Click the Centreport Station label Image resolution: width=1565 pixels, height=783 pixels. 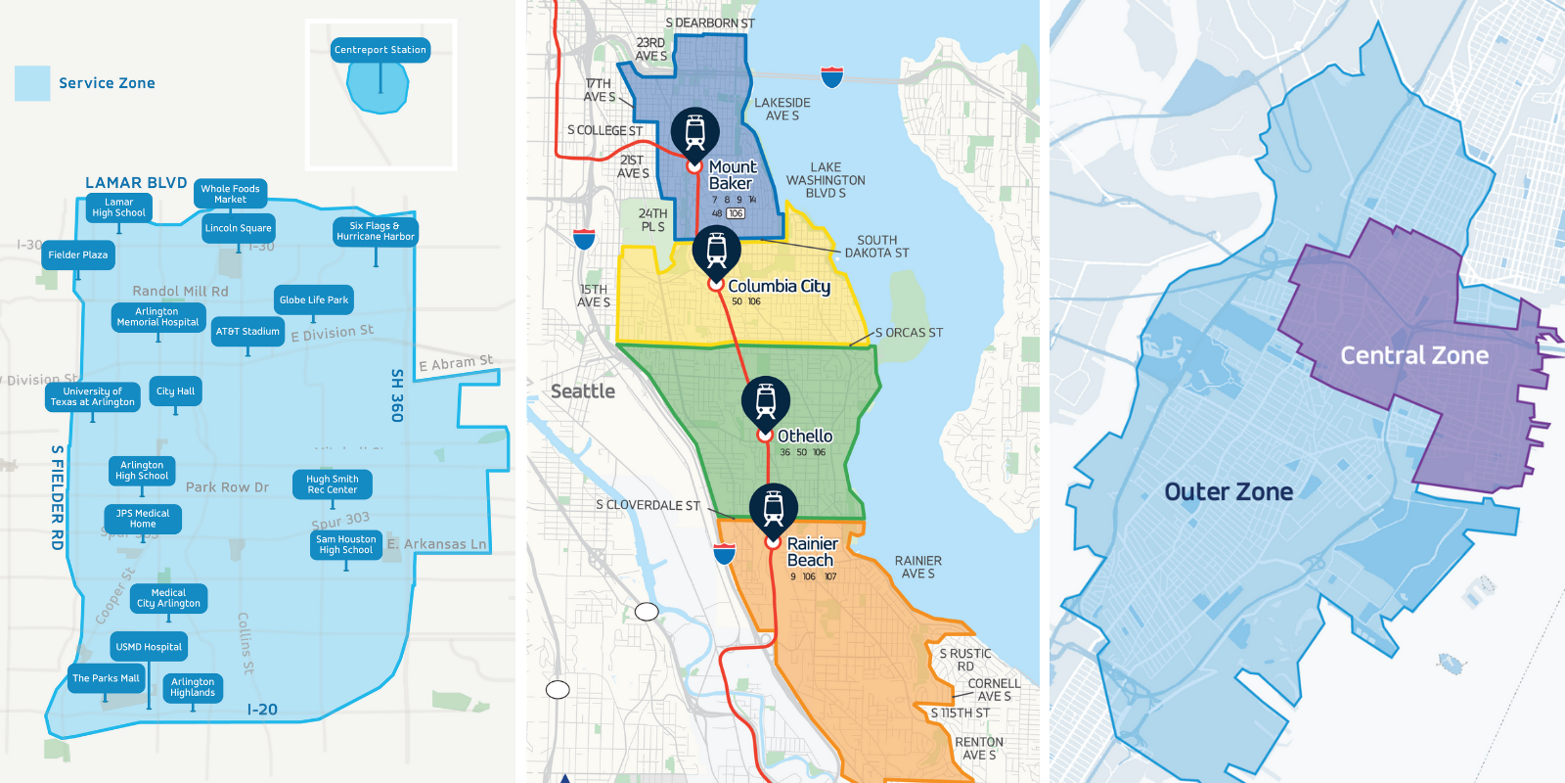click(380, 50)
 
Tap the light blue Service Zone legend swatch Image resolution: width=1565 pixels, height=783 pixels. click(32, 83)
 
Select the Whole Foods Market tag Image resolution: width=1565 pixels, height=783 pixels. click(230, 194)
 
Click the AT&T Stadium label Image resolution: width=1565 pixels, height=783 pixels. click(247, 332)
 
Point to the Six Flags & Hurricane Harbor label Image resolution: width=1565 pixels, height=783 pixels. click(376, 231)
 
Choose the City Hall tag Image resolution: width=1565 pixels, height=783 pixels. click(176, 391)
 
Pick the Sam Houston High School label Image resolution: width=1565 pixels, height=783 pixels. click(345, 545)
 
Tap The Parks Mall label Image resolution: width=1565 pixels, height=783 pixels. click(106, 678)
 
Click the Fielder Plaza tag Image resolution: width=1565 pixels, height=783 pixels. click(78, 255)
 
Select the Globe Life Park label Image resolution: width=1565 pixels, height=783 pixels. click(314, 300)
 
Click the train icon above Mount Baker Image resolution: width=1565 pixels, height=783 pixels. click(695, 130)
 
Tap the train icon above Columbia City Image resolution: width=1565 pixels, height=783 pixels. click(717, 249)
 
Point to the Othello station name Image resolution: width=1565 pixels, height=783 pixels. click(805, 436)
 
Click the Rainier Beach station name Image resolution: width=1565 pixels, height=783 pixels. click(811, 552)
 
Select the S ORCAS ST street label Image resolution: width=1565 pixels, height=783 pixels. click(909, 333)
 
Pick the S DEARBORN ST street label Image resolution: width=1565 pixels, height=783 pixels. click(710, 23)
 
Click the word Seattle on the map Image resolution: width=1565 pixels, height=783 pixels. click(583, 391)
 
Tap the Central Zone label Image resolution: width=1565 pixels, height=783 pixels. click(1414, 355)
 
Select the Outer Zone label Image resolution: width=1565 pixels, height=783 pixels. click(1229, 491)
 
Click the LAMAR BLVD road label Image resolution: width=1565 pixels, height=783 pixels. click(136, 183)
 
